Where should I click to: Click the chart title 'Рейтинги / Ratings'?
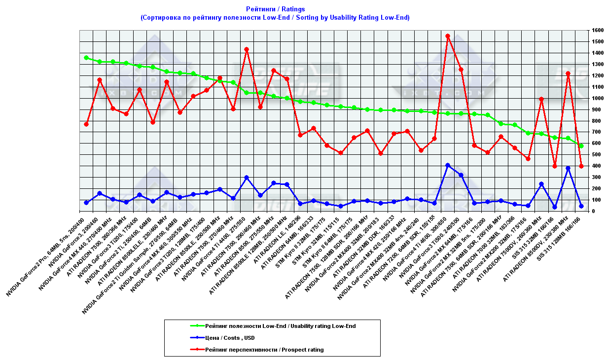[x=275, y=9]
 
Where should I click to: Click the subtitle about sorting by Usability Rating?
[x=275, y=17]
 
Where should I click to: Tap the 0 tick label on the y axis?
[x=593, y=211]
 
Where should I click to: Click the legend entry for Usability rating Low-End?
[x=280, y=326]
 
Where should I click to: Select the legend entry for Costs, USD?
[x=230, y=338]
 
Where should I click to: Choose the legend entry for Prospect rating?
[x=264, y=350]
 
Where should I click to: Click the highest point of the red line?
[x=448, y=36]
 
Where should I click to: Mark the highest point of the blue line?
[x=448, y=165]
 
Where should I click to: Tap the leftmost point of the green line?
[x=86, y=58]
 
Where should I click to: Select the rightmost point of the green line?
[x=581, y=146]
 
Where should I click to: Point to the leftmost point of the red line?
[x=86, y=124]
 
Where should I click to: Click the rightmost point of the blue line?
[x=581, y=206]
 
